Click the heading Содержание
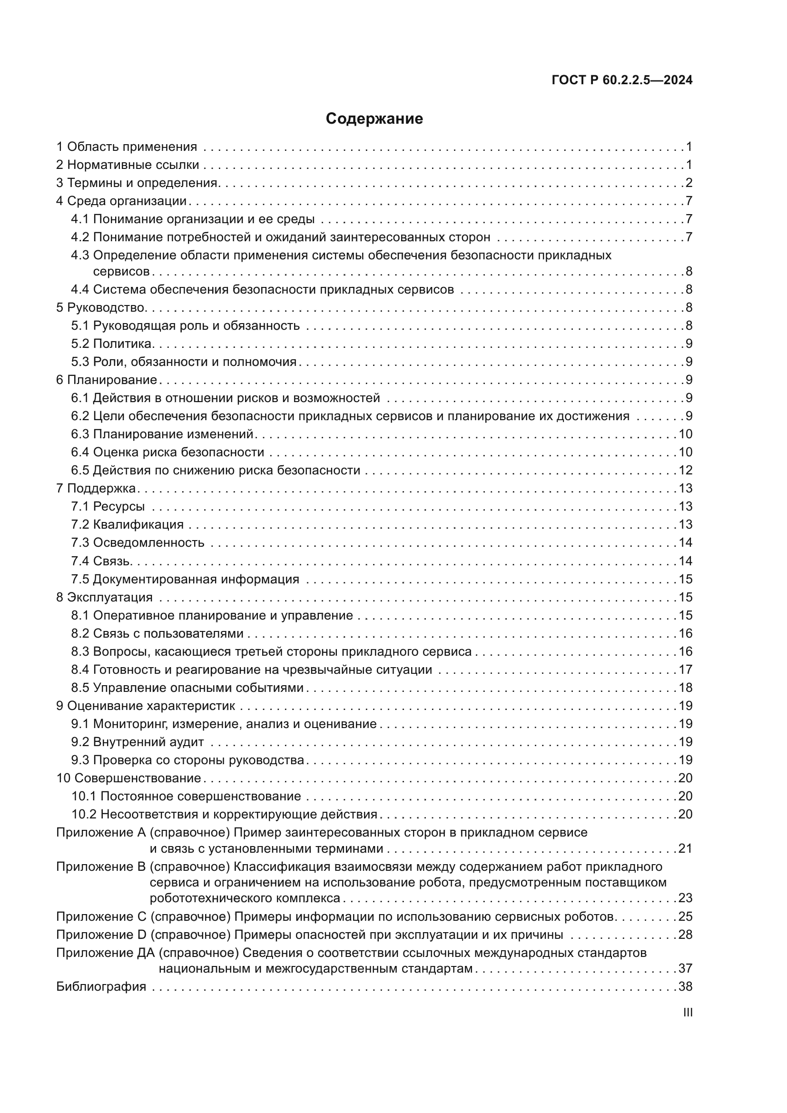374,119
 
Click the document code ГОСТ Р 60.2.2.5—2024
622,80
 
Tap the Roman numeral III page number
687,1013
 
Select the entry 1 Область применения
127,147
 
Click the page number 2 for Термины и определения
689,183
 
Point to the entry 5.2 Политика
112,344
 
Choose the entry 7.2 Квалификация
128,524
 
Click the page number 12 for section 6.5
685,470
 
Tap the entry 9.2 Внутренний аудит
138,742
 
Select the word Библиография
101,986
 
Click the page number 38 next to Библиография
685,986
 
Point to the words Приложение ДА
105,953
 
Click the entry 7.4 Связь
101,561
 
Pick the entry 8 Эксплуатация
104,597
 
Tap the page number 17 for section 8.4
685,670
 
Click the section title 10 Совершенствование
128,778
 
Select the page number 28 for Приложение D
685,935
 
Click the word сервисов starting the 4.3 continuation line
121,271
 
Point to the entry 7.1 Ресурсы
108,507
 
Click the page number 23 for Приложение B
685,898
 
